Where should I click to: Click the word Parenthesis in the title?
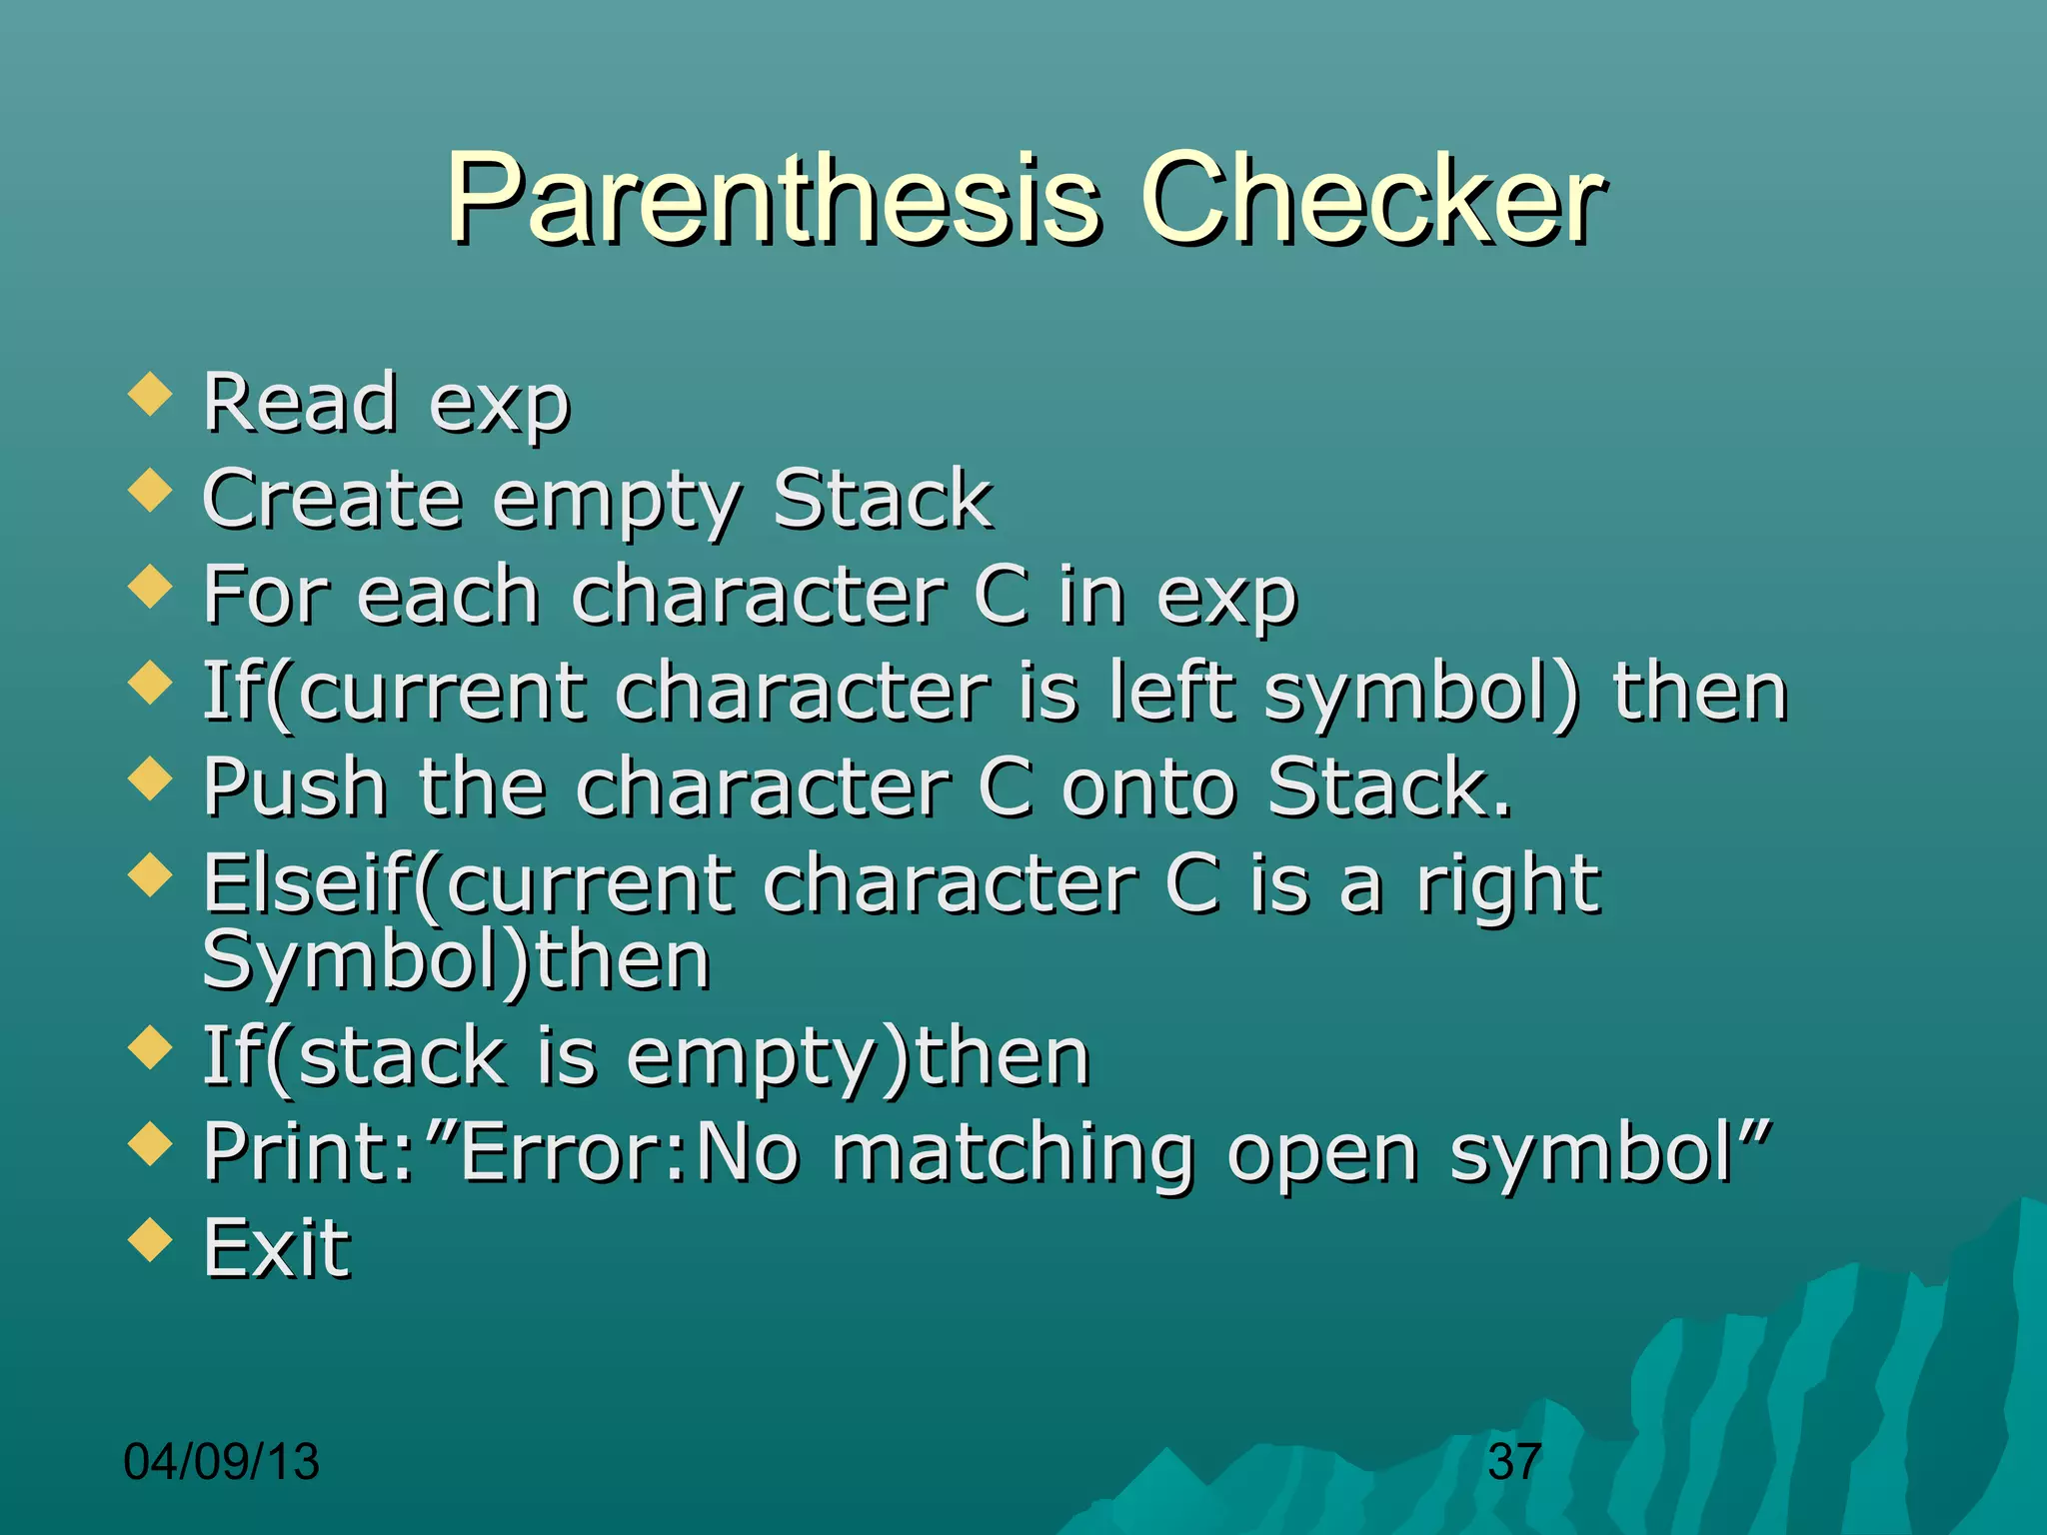pos(775,200)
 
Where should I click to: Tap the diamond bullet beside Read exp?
pos(151,395)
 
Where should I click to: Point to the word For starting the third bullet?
pos(265,595)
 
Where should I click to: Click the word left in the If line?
pos(1171,691)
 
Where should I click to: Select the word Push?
pos(295,787)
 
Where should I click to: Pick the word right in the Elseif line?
pos(1509,884)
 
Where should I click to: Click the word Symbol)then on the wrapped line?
pos(456,961)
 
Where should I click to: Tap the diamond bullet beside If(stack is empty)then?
pos(151,1049)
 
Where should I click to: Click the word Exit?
pos(277,1249)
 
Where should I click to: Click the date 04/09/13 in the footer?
pos(221,1462)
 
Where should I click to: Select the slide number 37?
pos(1513,1462)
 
